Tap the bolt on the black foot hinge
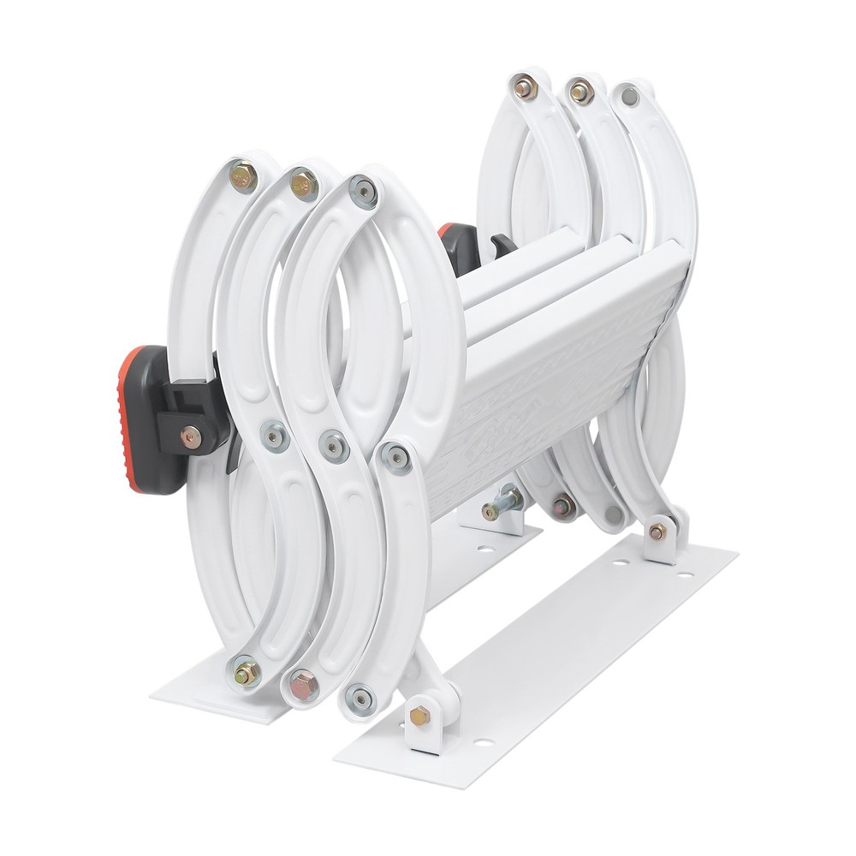coord(189,436)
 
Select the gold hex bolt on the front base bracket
coord(419,716)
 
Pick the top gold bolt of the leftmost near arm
coord(243,177)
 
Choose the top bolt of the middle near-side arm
coord(303,183)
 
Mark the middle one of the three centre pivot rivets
coord(334,445)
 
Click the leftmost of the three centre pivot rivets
coord(274,437)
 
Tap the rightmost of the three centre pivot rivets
coord(395,456)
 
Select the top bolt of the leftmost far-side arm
coord(524,86)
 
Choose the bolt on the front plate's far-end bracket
coord(657,532)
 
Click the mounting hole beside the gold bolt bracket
coord(484,740)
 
